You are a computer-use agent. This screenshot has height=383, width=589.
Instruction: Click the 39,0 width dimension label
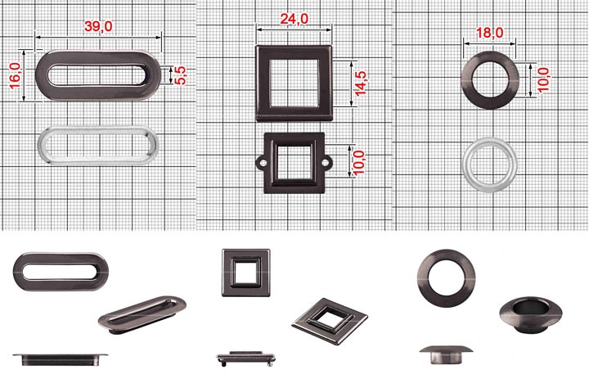tap(98, 26)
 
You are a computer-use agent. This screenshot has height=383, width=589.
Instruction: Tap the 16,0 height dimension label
tap(16, 75)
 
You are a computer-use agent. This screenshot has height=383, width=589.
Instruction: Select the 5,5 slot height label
tap(180, 75)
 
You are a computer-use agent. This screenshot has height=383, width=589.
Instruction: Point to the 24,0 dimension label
tap(294, 19)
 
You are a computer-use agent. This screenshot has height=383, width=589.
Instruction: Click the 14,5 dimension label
tap(361, 83)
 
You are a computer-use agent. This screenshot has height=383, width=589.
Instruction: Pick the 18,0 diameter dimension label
tap(490, 33)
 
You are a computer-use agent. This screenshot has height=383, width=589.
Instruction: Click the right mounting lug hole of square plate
tap(326, 163)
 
